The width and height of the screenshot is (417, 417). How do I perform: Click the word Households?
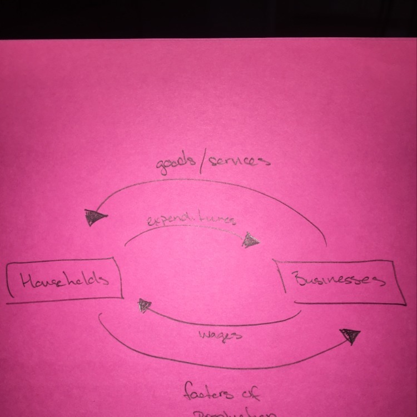pos(64,280)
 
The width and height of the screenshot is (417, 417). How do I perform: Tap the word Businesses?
pos(340,279)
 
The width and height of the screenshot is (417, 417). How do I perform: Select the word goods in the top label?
pos(175,165)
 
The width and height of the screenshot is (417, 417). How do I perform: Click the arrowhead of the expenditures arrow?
pos(252,240)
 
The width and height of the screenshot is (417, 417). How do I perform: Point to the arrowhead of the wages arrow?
pos(145,305)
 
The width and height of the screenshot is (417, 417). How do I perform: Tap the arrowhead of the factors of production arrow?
pos(350,336)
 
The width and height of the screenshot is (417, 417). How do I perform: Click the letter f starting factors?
pos(189,393)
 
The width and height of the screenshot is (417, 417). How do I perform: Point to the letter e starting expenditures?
pos(151,222)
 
